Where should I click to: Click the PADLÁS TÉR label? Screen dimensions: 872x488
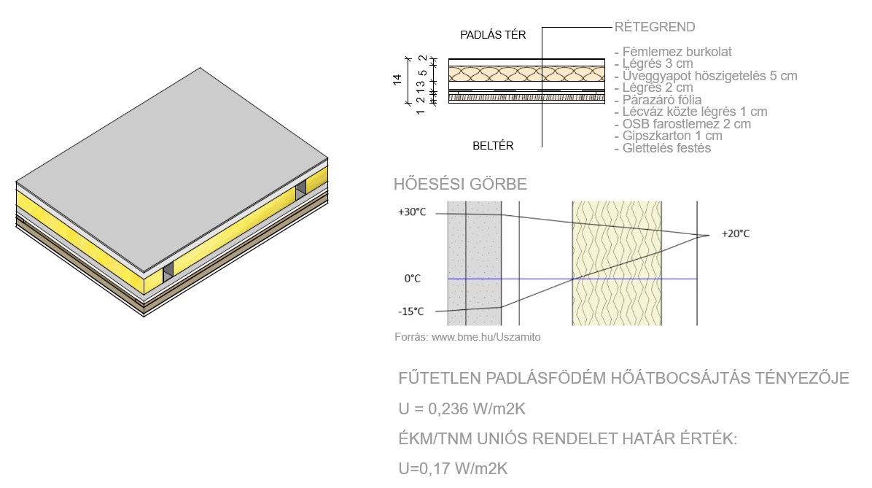[493, 35]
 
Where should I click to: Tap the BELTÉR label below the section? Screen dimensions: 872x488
[493, 146]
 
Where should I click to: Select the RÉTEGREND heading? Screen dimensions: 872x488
[655, 27]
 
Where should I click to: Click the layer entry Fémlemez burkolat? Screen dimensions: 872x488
[677, 52]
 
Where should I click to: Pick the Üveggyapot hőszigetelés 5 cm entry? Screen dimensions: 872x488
[709, 76]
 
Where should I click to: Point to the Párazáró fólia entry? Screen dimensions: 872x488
[662, 100]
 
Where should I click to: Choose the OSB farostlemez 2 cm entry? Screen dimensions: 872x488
[686, 124]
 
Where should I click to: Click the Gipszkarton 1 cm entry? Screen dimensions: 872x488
[671, 136]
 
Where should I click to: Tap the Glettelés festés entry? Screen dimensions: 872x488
[666, 148]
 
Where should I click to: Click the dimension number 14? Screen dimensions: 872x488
[397, 80]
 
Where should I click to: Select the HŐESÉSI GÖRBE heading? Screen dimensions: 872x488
[460, 184]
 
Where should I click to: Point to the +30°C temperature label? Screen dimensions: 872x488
[411, 212]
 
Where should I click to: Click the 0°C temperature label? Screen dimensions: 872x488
[412, 278]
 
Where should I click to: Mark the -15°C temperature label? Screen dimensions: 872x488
[411, 311]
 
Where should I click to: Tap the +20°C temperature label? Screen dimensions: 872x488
[735, 233]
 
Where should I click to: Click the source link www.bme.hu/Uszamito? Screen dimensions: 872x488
[486, 337]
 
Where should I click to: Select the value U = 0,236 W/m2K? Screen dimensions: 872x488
[462, 409]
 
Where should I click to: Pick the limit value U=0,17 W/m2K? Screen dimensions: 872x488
[453, 468]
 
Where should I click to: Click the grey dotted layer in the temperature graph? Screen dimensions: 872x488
[475, 263]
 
